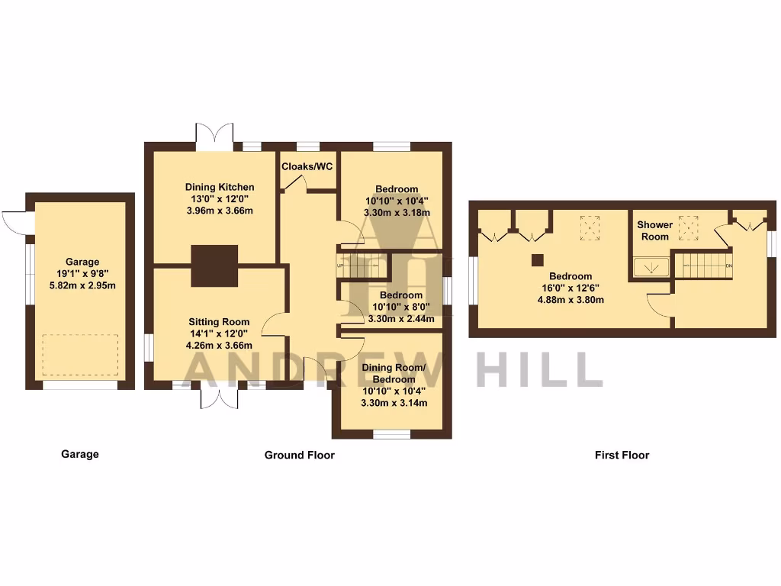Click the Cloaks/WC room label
coord(307,166)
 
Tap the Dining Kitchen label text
coord(220,187)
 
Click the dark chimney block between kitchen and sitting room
coord(214,266)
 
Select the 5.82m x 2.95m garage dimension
coord(81,286)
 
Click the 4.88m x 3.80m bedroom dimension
coord(570,300)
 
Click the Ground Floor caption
coord(299,455)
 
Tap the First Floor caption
coord(622,455)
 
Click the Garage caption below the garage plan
coord(80,454)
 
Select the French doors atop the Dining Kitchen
coord(214,135)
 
